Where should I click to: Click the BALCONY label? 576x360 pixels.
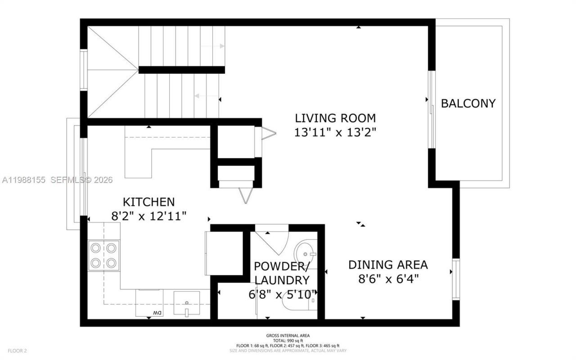tap(468, 103)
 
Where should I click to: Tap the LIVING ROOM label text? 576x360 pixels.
tap(335, 118)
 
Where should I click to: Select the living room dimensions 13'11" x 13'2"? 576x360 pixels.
tap(335, 132)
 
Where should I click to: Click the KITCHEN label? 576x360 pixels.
tap(148, 202)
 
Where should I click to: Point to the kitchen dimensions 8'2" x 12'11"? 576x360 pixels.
tap(148, 216)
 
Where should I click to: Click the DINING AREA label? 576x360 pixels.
tap(388, 265)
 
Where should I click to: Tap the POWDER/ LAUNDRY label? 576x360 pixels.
tap(282, 273)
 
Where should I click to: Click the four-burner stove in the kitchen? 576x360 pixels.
tap(104, 255)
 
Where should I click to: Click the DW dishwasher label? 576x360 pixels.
tap(156, 312)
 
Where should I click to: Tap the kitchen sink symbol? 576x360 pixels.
tap(186, 303)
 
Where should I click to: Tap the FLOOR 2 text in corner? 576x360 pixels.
tap(17, 351)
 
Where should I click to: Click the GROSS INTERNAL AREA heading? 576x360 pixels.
tap(288, 335)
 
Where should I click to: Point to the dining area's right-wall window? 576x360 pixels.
tap(456, 279)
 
